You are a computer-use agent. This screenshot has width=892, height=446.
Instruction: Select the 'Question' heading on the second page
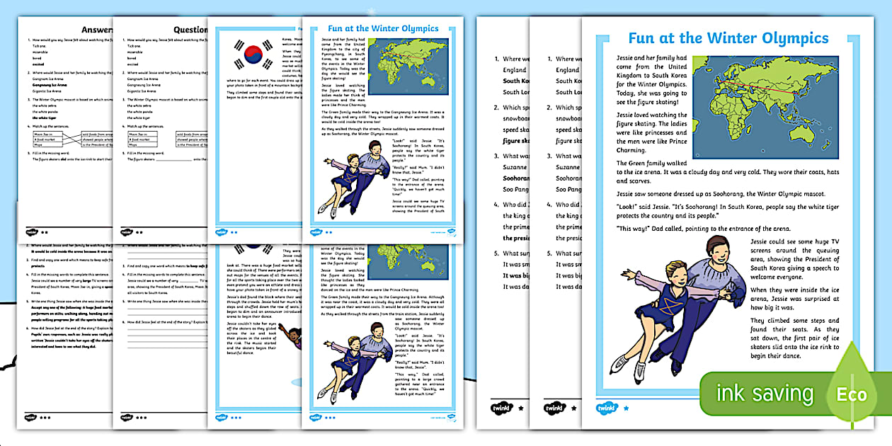click(190, 30)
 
